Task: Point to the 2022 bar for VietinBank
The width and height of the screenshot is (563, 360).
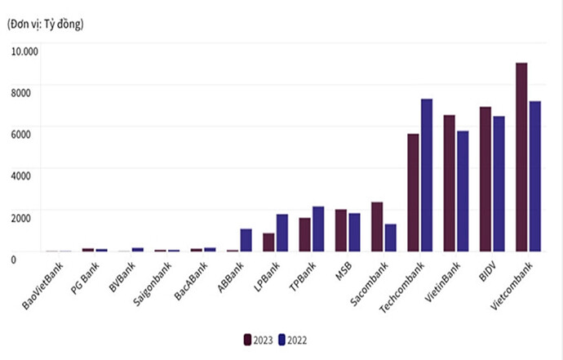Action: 463,191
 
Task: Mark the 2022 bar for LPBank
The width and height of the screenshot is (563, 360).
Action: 281,233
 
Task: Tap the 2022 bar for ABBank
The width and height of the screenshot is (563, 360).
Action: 246,240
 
